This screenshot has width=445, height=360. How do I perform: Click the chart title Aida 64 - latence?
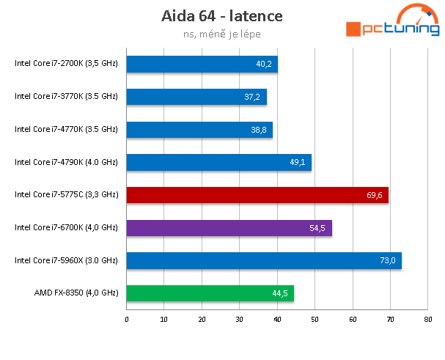(221, 15)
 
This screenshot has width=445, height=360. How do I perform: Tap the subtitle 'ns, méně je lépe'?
(221, 33)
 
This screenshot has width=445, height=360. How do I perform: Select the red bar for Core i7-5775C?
(257, 195)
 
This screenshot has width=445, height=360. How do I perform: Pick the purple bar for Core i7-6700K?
(229, 228)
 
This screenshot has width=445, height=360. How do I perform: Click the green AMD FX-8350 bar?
(210, 293)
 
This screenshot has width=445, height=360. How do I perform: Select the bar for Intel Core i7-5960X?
(264, 260)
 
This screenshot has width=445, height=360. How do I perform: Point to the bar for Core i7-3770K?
(196, 97)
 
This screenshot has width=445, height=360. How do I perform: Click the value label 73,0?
(387, 261)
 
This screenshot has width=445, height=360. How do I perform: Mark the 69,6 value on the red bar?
(375, 196)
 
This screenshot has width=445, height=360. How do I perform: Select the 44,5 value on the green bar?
(280, 294)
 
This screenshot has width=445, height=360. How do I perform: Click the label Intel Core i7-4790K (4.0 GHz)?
(66, 162)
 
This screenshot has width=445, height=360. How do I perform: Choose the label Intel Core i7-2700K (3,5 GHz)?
(66, 64)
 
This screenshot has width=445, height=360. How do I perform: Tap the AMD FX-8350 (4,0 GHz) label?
(76, 293)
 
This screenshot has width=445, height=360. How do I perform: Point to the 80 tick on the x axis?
(427, 319)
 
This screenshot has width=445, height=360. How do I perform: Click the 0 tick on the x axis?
(127, 319)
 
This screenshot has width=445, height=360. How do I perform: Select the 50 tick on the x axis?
(315, 319)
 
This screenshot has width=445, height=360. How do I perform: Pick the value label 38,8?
(259, 131)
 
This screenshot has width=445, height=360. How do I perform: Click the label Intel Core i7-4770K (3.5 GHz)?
(66, 129)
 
